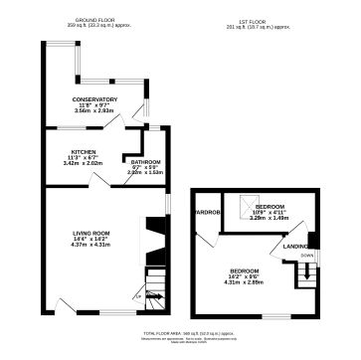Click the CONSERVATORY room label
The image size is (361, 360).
(95, 100)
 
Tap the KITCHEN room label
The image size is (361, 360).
(70, 152)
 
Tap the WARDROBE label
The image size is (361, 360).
(206, 212)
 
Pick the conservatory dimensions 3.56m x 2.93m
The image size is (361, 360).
(95, 112)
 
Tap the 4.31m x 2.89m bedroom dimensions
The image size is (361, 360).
(246, 283)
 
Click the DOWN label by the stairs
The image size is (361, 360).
(307, 256)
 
